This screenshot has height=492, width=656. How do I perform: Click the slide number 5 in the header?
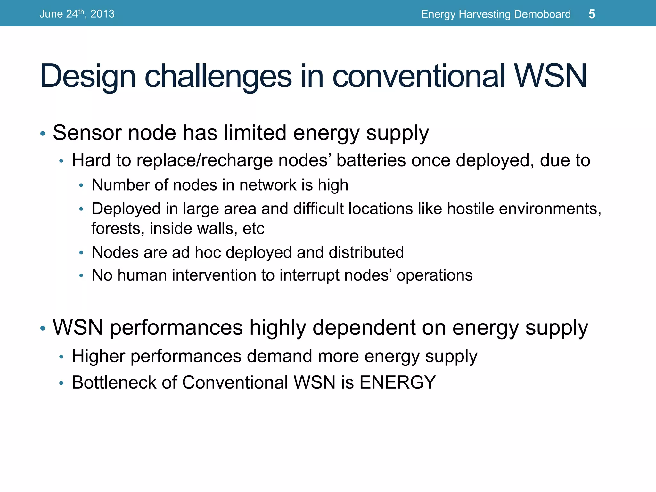[x=592, y=14]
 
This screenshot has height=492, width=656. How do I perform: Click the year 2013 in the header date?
[x=102, y=14]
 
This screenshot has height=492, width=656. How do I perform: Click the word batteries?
[x=371, y=160]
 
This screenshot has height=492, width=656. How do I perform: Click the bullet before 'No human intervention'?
[x=81, y=275]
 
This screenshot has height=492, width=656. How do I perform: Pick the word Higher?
[x=98, y=356]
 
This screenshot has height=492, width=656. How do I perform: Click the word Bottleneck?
[x=114, y=382]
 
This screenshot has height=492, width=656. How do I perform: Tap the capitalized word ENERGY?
[x=398, y=382]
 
